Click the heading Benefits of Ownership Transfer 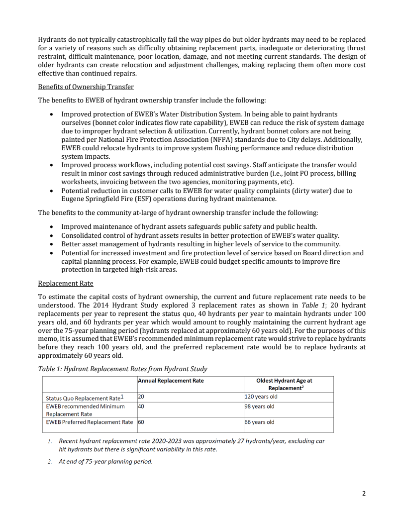pyautogui.click(x=86, y=87)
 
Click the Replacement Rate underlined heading pyautogui.click(x=66, y=284)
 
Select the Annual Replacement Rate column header pyautogui.click(x=171, y=381)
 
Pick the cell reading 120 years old pyautogui.click(x=261, y=397)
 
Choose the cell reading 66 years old pyautogui.click(x=259, y=422)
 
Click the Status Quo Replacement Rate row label pyautogui.click(x=84, y=398)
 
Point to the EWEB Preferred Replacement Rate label pyautogui.click(x=89, y=422)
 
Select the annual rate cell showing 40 pyautogui.click(x=141, y=407)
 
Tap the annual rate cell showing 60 pyautogui.click(x=141, y=422)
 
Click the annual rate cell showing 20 pyautogui.click(x=141, y=397)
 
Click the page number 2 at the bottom pyautogui.click(x=364, y=494)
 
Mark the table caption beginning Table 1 pyautogui.click(x=122, y=369)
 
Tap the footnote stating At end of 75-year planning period pyautogui.click(x=105, y=461)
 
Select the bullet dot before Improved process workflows pyautogui.click(x=53, y=165)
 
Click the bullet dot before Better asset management pyautogui.click(x=53, y=244)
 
